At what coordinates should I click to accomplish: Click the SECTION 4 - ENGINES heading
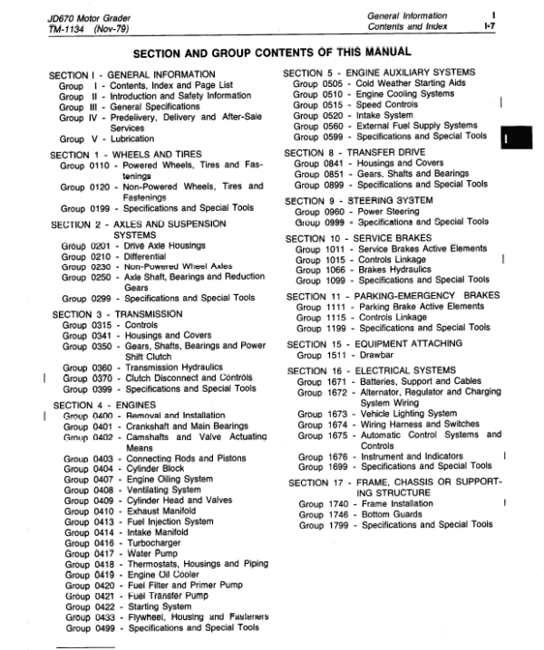coord(103,405)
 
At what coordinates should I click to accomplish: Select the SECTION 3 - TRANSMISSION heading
coord(117,313)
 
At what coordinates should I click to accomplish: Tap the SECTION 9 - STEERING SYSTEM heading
coord(358,200)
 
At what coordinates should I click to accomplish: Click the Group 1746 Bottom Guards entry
coord(363,513)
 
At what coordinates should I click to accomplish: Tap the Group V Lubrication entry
coord(105,139)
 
